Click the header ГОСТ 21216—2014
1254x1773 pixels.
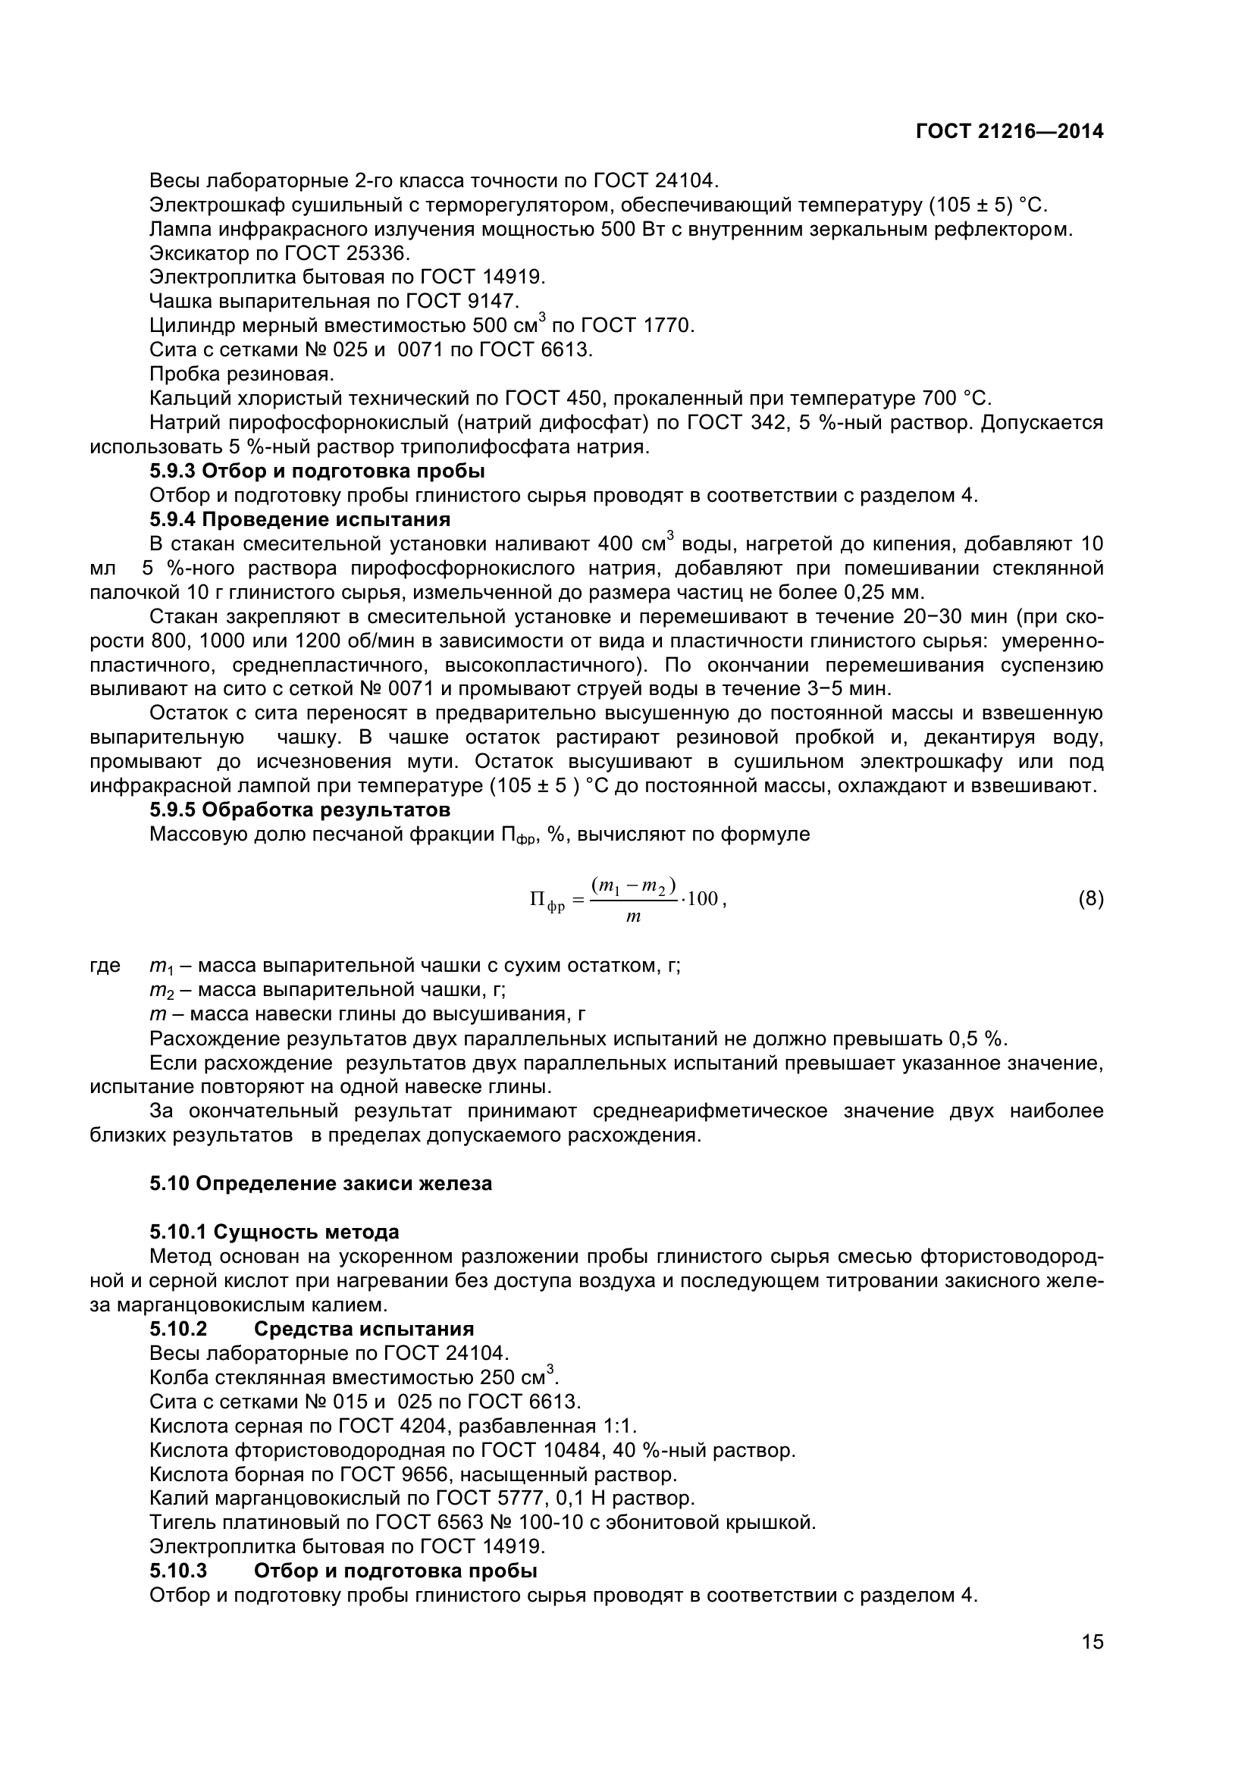pyautogui.click(x=1009, y=132)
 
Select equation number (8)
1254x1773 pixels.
pyautogui.click(x=1090, y=899)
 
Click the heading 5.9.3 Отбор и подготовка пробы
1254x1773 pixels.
pyautogui.click(x=317, y=471)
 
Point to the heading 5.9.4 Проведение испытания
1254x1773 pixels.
pyautogui.click(x=299, y=519)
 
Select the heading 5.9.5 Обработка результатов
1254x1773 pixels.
pyautogui.click(x=299, y=810)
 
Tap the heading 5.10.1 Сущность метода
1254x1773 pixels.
pyautogui.click(x=274, y=1233)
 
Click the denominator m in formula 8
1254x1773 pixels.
pyautogui.click(x=633, y=917)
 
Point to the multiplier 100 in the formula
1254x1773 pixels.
pyautogui.click(x=703, y=899)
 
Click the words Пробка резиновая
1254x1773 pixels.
pyautogui.click(x=242, y=374)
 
